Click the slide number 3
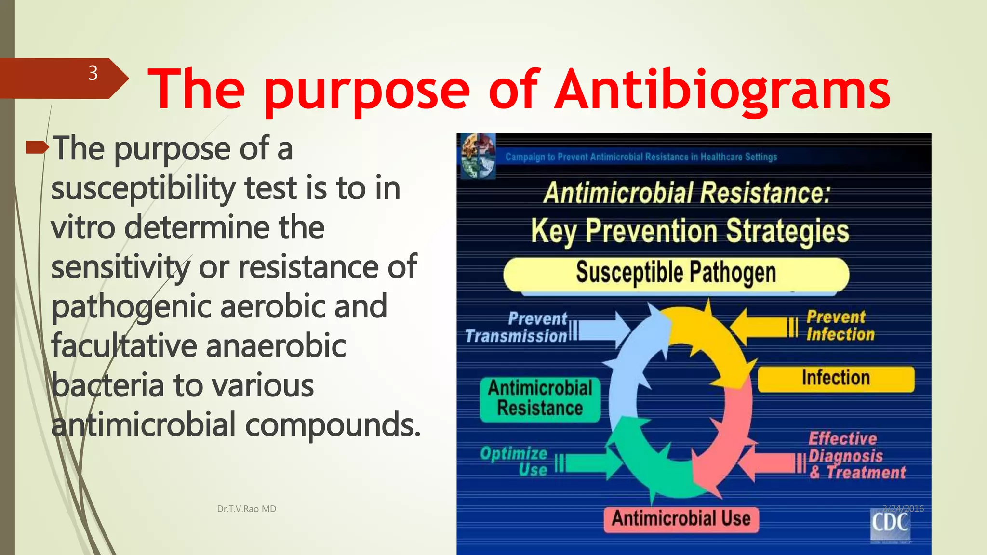pyautogui.click(x=93, y=74)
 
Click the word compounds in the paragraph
pyautogui.click(x=333, y=425)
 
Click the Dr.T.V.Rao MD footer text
pyautogui.click(x=246, y=509)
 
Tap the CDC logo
pyautogui.click(x=890, y=524)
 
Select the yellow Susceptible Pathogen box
pyautogui.click(x=676, y=274)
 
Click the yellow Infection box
pyautogui.click(x=836, y=379)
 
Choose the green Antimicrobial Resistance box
pyautogui.click(x=540, y=399)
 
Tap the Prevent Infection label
pyautogui.click(x=840, y=326)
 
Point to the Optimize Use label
pyautogui.click(x=515, y=461)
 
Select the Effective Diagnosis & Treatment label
pyautogui.click(x=856, y=456)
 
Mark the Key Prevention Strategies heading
pyautogui.click(x=689, y=231)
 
